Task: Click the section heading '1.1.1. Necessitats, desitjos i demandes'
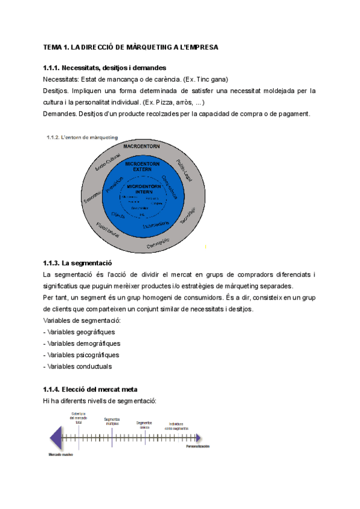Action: (104, 68)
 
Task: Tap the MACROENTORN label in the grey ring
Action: (142, 146)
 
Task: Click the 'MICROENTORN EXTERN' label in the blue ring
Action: (142, 166)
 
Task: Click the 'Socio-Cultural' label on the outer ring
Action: (110, 158)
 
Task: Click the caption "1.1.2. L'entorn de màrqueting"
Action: (82, 137)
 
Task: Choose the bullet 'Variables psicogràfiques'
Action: (82, 355)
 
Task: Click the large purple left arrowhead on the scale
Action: (55, 437)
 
